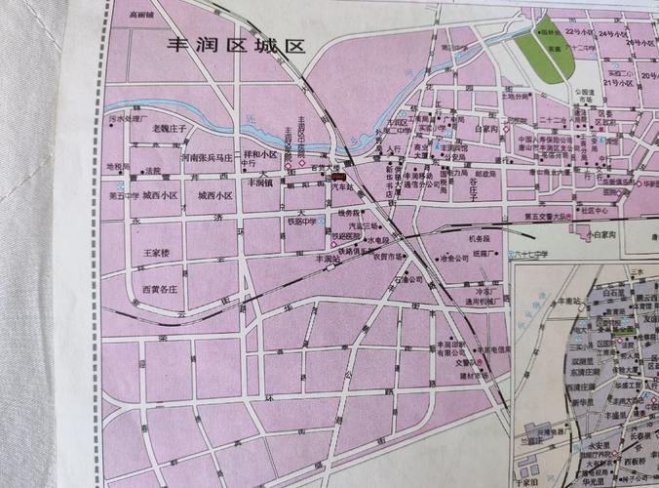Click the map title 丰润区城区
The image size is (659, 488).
pyautogui.click(x=238, y=45)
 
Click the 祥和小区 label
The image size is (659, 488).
pyautogui.click(x=260, y=154)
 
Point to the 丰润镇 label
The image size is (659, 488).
pyautogui.click(x=260, y=183)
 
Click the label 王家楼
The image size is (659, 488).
pyautogui.click(x=157, y=253)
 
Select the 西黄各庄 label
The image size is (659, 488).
pyautogui.click(x=160, y=289)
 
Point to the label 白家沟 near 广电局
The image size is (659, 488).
pyautogui.click(x=486, y=128)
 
